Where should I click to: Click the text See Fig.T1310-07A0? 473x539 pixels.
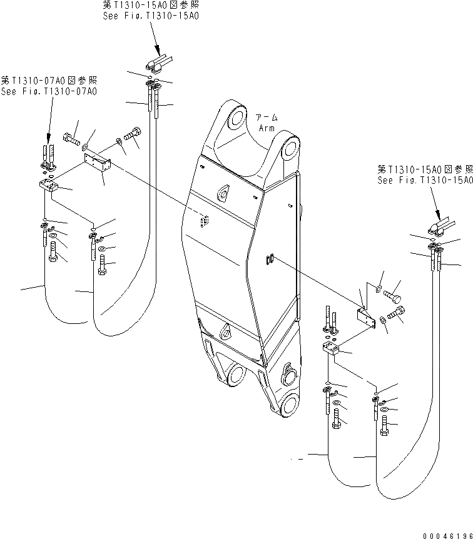pyautogui.click(x=49, y=91)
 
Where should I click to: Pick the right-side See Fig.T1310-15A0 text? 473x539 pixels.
pyautogui.click(x=424, y=179)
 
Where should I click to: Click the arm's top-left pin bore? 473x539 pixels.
pyautogui.click(x=236, y=118)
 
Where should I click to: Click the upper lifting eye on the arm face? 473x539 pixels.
pyautogui.click(x=223, y=193)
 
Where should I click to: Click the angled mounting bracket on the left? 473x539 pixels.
pyautogui.click(x=98, y=161)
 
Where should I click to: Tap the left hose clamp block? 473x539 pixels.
pyautogui.click(x=49, y=186)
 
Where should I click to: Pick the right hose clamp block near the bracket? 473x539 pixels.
pyautogui.click(x=330, y=348)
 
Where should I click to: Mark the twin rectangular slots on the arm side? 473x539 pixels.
pyautogui.click(x=271, y=259)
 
